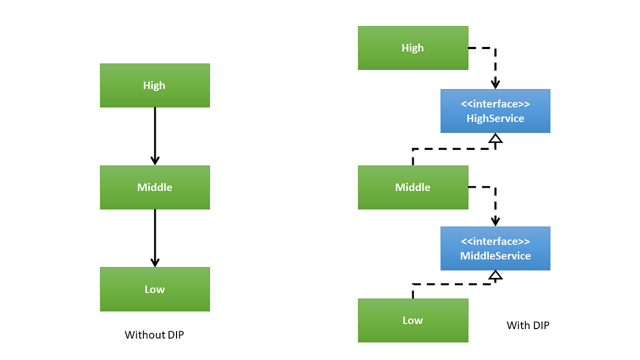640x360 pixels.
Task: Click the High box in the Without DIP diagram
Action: point(155,85)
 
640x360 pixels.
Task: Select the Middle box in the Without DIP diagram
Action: point(155,187)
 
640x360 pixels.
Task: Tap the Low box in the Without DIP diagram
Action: point(155,289)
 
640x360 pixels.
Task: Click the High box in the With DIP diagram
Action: point(413,48)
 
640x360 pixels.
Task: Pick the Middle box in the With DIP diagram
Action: point(413,187)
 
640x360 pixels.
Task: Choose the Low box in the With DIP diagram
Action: point(413,320)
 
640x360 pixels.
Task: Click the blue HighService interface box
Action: point(495,111)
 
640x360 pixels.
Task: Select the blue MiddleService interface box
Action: point(495,249)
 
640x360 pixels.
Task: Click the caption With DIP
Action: point(527,325)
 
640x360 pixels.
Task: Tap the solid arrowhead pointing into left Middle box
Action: point(155,160)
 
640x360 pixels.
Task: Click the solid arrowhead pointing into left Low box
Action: point(155,262)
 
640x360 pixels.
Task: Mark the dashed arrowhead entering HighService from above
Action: point(496,84)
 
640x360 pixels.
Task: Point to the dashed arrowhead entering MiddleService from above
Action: point(496,221)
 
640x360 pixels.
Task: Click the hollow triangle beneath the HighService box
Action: point(496,139)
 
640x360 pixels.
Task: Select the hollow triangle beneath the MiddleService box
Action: point(496,275)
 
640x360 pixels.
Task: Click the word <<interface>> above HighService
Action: point(495,104)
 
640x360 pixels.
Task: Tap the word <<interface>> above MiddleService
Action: point(495,242)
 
